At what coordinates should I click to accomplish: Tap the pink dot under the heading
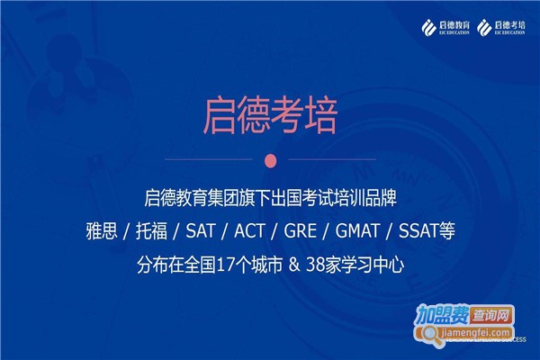pyautogui.click(x=270, y=160)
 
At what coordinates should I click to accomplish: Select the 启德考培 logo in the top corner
pyautogui.click(x=503, y=24)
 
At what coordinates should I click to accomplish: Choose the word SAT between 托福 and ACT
pyautogui.click(x=201, y=230)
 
